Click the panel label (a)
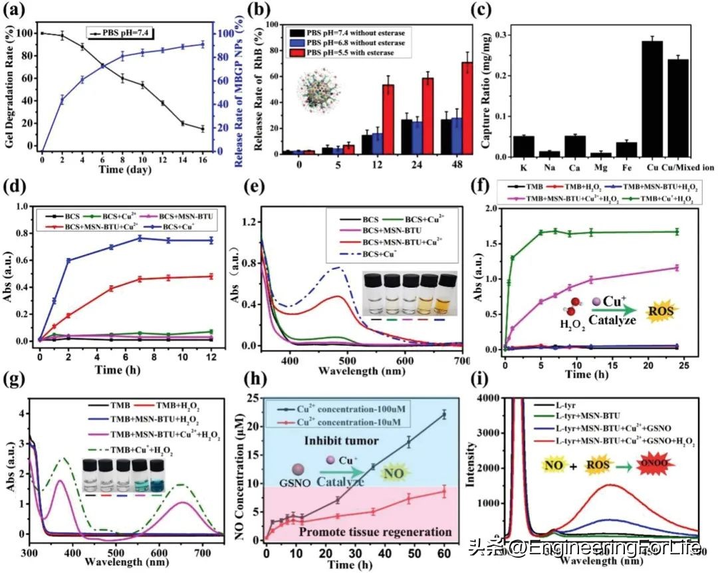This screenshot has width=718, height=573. point(15,11)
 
